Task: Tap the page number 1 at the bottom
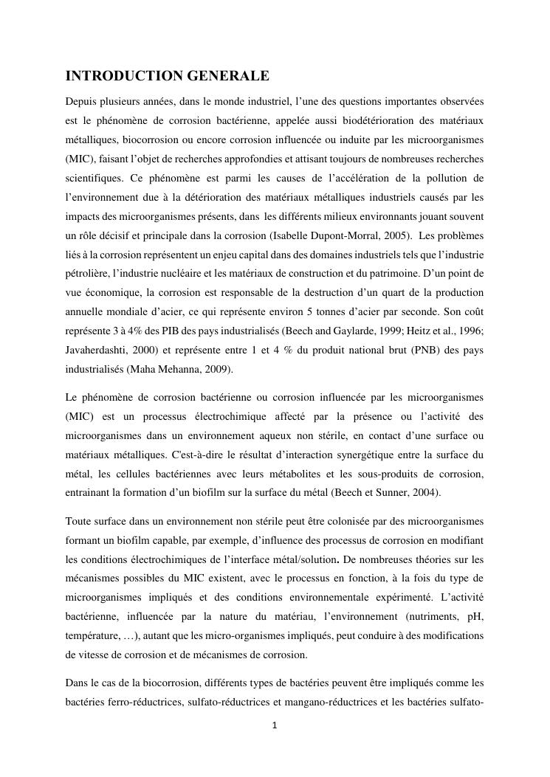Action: coord(275,725)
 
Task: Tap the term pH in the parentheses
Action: coord(475,616)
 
